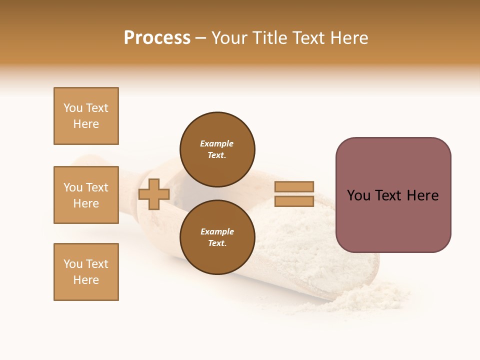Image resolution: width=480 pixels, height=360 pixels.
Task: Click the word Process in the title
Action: [157, 38]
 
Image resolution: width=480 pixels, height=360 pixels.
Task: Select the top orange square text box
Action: [86, 116]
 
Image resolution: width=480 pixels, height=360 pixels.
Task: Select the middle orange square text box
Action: [86, 195]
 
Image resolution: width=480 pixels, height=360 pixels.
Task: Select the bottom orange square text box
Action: [86, 272]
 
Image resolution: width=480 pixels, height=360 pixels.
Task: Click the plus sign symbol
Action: [154, 194]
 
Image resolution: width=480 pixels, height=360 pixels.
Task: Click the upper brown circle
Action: [217, 149]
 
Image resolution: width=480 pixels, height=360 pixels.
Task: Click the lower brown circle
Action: [217, 237]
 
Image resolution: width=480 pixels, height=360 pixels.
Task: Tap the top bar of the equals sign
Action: [294, 186]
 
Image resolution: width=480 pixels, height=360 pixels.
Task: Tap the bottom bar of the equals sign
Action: [294, 201]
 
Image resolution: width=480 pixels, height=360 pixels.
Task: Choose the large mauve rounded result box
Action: [393, 220]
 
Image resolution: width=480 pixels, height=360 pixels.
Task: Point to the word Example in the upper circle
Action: [216, 143]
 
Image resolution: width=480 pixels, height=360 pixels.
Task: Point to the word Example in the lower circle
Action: [217, 231]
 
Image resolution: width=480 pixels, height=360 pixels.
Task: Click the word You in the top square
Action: [73, 108]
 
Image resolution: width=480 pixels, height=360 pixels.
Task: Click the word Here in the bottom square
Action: [86, 280]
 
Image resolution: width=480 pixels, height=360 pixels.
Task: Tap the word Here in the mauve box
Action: [422, 195]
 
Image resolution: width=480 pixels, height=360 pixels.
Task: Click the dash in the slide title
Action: [200, 38]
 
